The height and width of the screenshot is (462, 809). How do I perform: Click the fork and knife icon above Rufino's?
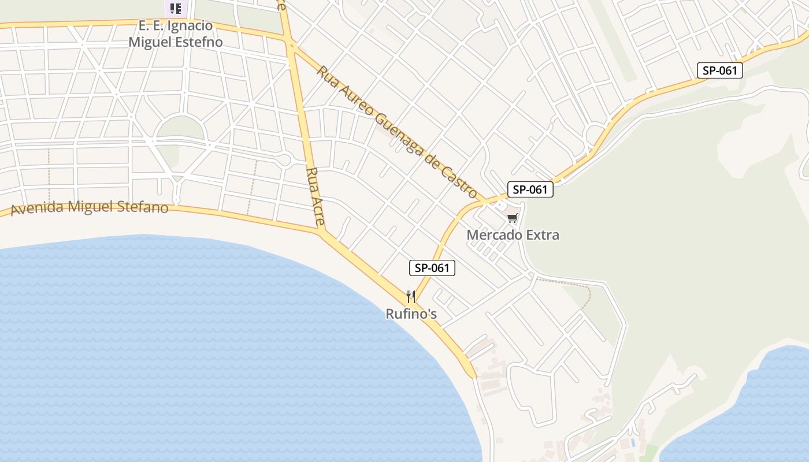411,297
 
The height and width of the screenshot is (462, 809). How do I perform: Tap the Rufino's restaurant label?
411,314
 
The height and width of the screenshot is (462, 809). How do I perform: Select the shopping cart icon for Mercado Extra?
512,218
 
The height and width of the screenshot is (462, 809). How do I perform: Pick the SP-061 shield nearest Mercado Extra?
530,189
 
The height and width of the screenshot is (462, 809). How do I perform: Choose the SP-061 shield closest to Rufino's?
432,268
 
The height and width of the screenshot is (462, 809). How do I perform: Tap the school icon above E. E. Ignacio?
175,8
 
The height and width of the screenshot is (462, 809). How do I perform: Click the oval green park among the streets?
180,128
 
